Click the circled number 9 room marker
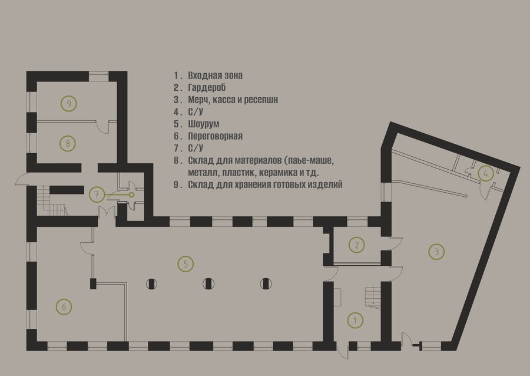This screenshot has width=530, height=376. click(x=69, y=104)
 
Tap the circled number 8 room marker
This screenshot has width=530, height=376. click(x=68, y=143)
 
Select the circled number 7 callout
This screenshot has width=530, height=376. click(x=97, y=195)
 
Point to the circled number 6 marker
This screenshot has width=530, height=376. click(x=64, y=307)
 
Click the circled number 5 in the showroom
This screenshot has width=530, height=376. click(x=185, y=264)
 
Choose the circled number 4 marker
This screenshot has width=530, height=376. click(x=486, y=174)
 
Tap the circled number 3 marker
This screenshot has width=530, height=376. click(x=436, y=252)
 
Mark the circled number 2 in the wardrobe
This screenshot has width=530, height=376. click(x=357, y=245)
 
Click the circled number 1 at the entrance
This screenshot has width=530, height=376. click(x=355, y=320)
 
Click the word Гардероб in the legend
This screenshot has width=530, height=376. click(x=207, y=88)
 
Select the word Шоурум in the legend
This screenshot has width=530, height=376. click(x=204, y=124)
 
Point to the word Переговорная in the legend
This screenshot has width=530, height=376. click(x=216, y=136)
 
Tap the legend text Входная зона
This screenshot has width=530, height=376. click(x=216, y=75)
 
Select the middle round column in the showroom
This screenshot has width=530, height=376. click(x=208, y=283)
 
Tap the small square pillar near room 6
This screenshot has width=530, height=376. click(x=93, y=283)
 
